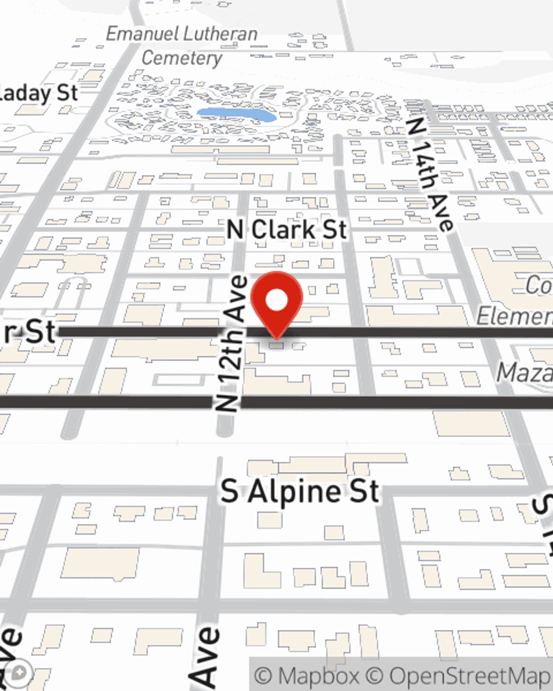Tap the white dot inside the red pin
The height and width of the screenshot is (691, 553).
click(x=276, y=301)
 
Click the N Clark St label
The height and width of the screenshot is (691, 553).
click(x=287, y=229)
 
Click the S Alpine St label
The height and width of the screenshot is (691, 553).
click(x=300, y=491)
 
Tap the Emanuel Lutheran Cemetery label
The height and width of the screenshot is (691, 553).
click(x=181, y=45)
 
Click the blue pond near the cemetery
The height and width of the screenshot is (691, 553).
click(x=236, y=116)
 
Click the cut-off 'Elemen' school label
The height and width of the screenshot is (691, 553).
click(x=514, y=316)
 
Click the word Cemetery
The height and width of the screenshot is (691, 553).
click(x=181, y=57)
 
